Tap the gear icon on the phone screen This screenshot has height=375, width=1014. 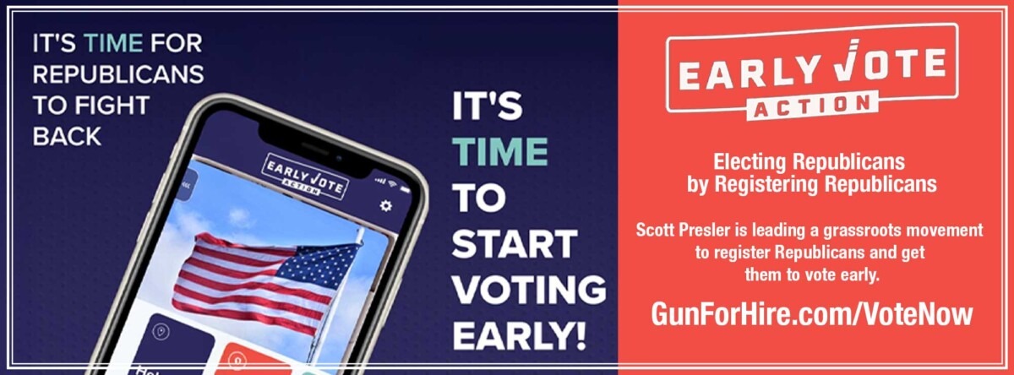pos(386,205)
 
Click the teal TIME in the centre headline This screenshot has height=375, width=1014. pos(500,151)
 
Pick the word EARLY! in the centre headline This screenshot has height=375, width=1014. pos(520,334)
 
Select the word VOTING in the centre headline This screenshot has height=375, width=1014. pos(529,290)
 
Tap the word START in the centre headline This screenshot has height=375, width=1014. pos(515,244)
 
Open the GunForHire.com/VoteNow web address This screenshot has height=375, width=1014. pos(811,313)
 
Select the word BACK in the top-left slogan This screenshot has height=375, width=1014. pos(67,136)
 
